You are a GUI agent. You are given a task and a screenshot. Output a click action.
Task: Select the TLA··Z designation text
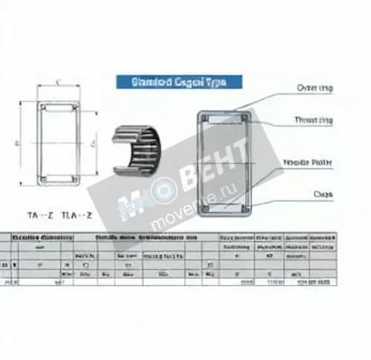click(x=76, y=215)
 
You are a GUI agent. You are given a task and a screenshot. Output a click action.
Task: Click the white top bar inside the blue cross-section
click(x=224, y=118)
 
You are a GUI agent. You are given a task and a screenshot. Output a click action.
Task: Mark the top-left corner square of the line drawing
click(x=43, y=108)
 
